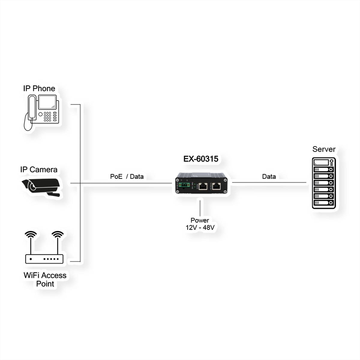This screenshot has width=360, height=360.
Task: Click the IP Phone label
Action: (39, 88)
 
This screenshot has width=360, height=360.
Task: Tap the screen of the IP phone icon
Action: (47, 102)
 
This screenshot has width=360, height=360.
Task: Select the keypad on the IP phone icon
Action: (47, 117)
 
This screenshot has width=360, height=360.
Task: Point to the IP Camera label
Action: (39, 169)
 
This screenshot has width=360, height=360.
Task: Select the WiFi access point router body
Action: (44, 259)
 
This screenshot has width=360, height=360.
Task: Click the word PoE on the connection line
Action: (116, 176)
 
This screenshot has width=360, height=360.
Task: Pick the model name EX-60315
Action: (201, 159)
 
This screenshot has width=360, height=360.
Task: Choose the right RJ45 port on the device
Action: (217, 186)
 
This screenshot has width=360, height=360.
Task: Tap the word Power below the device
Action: (200, 220)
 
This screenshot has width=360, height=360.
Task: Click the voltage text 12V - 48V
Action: (200, 228)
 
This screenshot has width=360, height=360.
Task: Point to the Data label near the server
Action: (269, 176)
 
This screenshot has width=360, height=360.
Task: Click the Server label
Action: (324, 149)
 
